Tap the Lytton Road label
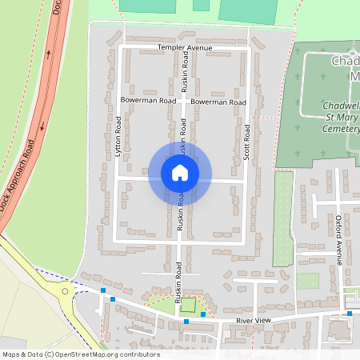click(118, 135)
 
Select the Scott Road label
click(247, 142)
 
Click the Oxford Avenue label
click(338, 239)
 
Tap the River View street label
click(254, 321)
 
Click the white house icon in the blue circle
click(180, 172)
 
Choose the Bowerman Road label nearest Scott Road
click(218, 102)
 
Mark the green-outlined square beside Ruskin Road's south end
click(188, 305)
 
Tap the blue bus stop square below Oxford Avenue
click(349, 314)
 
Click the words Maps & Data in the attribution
click(22, 354)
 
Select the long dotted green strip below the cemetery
click(283, 218)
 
